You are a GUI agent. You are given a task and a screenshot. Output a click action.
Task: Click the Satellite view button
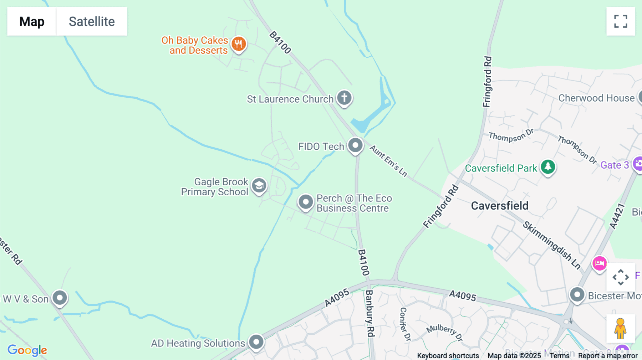[x=92, y=21]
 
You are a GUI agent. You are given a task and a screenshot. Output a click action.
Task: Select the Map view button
[x=32, y=21]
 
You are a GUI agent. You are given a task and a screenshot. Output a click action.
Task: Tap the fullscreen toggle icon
[x=621, y=21]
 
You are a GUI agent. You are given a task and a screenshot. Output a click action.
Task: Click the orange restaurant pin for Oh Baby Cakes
[x=239, y=44]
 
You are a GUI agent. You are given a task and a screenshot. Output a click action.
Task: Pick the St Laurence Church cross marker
[x=344, y=98]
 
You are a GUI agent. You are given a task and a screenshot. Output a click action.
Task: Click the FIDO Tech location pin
[x=355, y=145]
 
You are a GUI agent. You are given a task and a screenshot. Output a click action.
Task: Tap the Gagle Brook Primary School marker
[x=259, y=185]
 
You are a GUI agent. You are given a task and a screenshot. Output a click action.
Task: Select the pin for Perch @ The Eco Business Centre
[x=306, y=202]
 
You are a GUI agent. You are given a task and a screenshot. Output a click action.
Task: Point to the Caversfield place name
[x=500, y=206]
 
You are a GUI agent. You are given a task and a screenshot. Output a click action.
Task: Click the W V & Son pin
[x=60, y=298]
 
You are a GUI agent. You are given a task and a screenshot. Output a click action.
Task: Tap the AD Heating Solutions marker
[x=256, y=342]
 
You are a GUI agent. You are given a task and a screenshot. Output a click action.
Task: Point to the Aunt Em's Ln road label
[x=388, y=161]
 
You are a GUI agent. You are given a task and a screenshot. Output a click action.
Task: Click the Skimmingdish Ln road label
[x=551, y=245]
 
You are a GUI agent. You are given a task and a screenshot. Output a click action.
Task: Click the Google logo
[x=27, y=350]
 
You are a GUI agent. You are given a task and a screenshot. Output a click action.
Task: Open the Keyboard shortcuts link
[x=448, y=356]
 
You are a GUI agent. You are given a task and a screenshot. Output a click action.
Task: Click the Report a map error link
[x=608, y=356]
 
